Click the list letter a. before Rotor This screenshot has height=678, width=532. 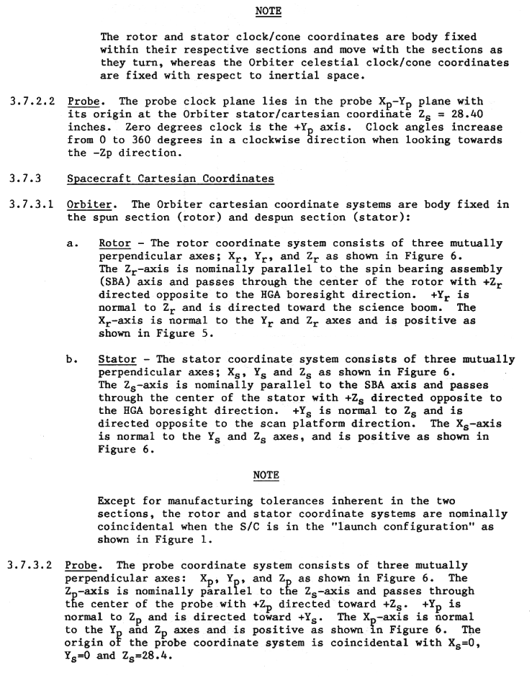click(x=72, y=243)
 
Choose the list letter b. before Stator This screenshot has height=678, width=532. click(x=72, y=359)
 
